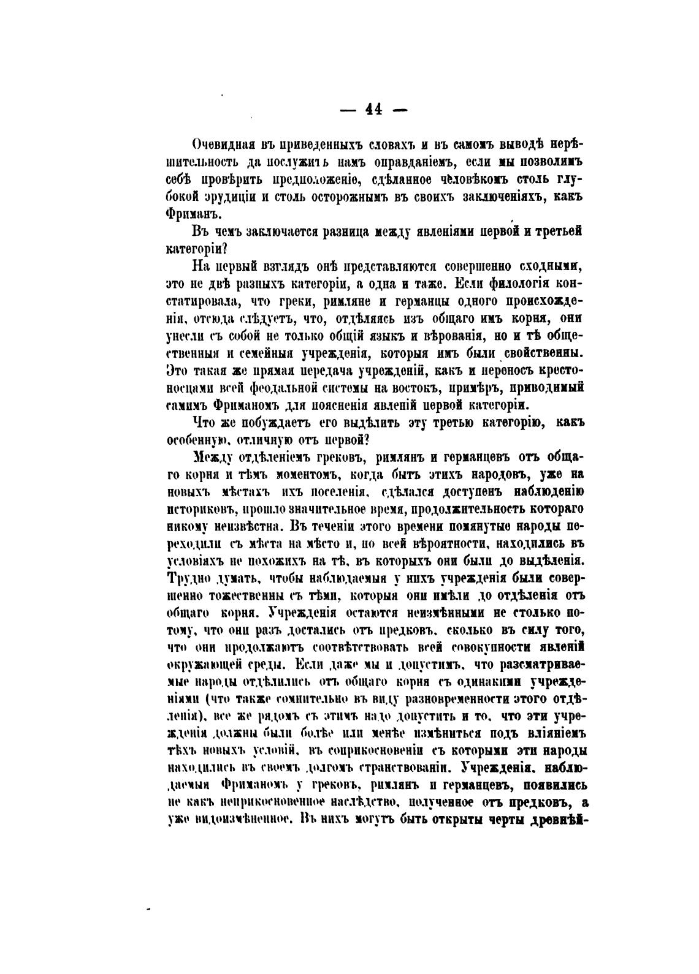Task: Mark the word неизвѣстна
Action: tap(244, 526)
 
